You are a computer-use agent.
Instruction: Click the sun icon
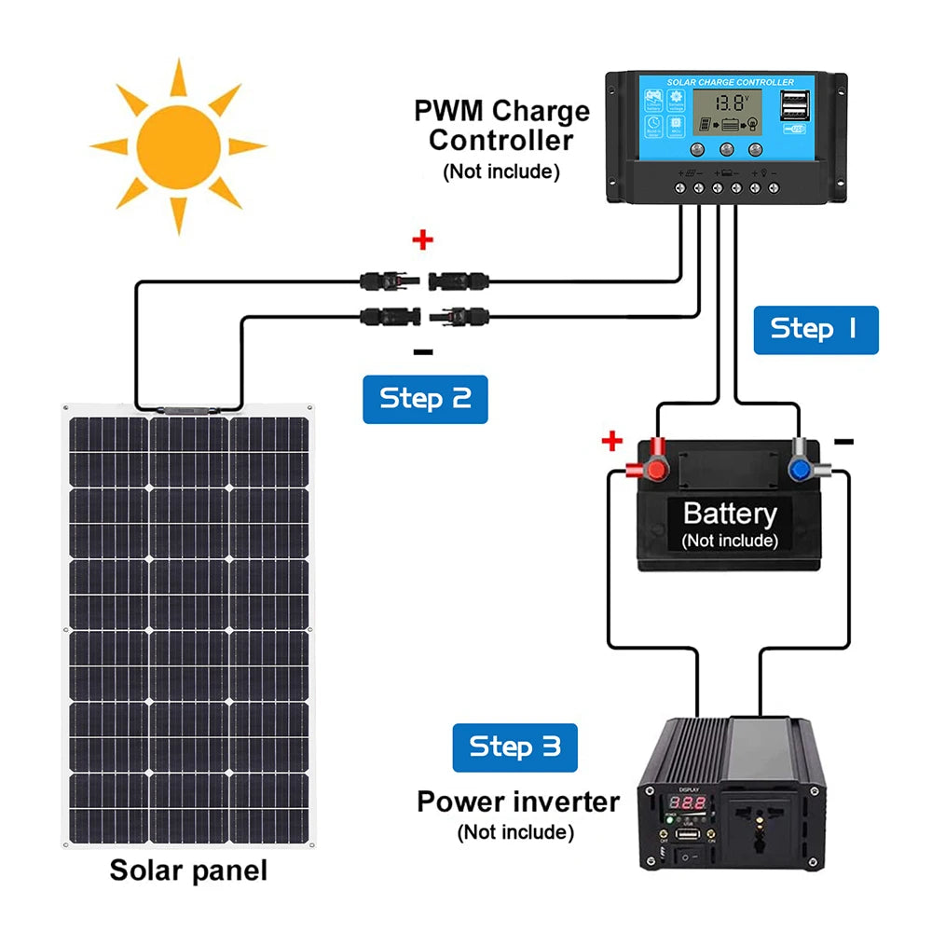(x=177, y=146)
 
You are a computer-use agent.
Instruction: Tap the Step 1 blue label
(x=815, y=329)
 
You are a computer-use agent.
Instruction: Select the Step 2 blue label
(x=425, y=399)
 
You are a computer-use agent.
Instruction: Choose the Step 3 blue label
(x=514, y=747)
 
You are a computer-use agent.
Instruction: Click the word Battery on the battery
(x=729, y=514)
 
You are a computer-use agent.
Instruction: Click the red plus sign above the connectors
(x=423, y=241)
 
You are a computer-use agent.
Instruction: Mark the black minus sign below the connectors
(x=423, y=351)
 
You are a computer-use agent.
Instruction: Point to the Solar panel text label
(x=188, y=870)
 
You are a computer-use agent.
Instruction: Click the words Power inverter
(x=517, y=802)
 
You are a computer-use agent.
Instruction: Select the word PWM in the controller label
(x=450, y=111)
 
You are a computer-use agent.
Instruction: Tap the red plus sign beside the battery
(x=611, y=440)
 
